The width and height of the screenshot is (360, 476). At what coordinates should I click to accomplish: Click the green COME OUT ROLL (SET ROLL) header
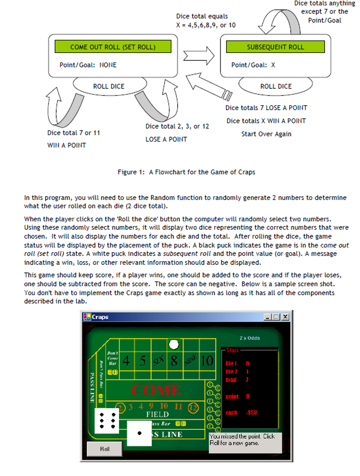(113, 46)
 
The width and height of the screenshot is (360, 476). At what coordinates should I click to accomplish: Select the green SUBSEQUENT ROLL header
(275, 46)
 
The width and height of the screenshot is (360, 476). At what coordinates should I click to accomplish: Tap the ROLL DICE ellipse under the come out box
(109, 86)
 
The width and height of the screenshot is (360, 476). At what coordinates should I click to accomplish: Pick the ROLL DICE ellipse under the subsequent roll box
(276, 86)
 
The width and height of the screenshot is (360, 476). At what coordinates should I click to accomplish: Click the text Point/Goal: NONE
(88, 65)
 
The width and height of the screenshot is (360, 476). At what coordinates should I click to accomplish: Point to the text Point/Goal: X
(253, 65)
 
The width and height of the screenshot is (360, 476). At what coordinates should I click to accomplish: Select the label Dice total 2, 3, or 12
(177, 126)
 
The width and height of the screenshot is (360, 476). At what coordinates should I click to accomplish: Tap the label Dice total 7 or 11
(73, 132)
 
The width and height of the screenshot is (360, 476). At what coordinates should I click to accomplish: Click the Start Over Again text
(266, 134)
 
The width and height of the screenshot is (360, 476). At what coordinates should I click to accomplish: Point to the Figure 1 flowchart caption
(186, 172)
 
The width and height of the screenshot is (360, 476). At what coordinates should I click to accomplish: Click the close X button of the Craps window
(285, 317)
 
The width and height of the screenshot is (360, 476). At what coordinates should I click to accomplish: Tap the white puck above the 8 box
(173, 344)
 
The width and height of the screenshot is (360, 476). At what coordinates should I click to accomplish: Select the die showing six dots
(107, 420)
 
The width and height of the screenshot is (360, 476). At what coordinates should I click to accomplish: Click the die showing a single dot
(139, 433)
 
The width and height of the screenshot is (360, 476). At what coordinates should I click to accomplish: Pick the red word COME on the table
(156, 390)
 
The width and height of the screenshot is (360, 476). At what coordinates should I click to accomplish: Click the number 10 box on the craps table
(207, 361)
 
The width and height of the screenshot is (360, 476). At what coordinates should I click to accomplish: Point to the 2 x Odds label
(250, 338)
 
